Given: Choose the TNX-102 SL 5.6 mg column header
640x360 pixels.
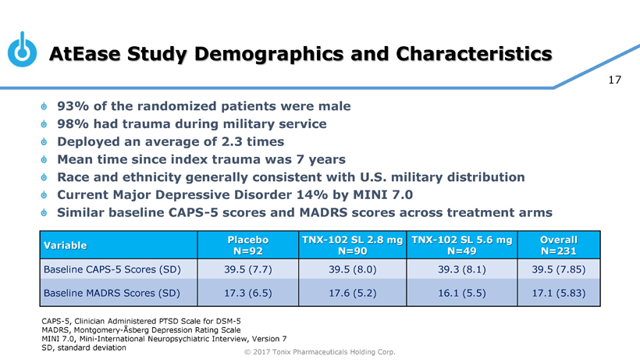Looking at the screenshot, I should [x=460, y=245].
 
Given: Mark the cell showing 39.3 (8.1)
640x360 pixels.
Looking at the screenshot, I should [x=460, y=270].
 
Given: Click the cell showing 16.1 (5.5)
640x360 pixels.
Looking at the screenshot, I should [x=460, y=294].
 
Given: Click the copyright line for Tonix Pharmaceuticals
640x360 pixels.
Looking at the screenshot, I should [x=319, y=352].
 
